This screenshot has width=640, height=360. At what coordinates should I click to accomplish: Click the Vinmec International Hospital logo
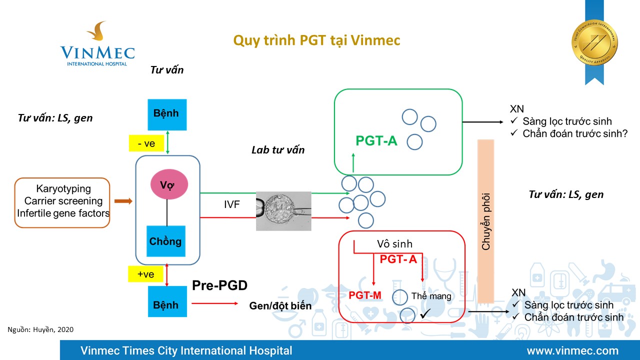(97, 45)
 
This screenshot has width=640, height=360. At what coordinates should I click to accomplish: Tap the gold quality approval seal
(594, 42)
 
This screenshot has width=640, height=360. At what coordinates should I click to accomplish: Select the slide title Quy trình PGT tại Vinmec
(317, 40)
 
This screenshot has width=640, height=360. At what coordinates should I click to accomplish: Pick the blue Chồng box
(166, 241)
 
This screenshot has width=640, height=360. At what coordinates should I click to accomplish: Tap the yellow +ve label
(145, 274)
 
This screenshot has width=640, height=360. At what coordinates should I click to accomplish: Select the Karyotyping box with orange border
(63, 202)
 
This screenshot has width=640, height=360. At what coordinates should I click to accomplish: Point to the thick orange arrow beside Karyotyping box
(124, 201)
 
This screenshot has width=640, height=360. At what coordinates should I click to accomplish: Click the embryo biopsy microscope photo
(283, 211)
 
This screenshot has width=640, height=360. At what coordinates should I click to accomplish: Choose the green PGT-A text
(376, 141)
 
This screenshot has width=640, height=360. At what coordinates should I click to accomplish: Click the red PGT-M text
(365, 295)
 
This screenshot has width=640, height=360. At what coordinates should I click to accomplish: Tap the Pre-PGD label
(220, 286)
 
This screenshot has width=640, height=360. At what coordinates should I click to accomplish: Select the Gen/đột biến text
(280, 306)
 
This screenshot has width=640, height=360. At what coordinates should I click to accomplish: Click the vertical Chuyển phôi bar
(486, 221)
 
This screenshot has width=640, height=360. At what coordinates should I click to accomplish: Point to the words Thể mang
(431, 296)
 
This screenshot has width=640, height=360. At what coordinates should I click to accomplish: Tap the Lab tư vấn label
(278, 149)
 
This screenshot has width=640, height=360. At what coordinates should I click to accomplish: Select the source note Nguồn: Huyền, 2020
(40, 329)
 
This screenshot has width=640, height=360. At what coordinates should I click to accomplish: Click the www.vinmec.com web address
(572, 351)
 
